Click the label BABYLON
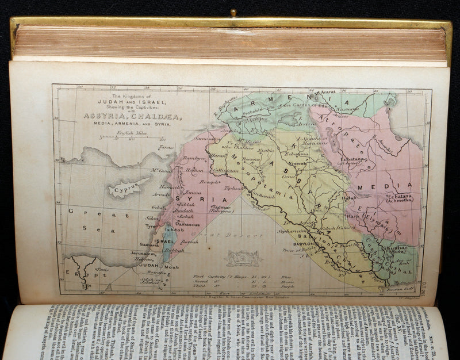303,244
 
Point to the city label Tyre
151,226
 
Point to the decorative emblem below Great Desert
243,258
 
